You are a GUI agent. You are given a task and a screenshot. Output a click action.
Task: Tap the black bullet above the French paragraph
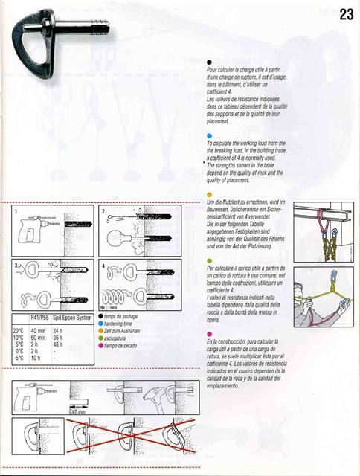pos(210,63)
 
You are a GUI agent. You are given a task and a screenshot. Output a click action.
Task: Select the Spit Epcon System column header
pos(74,318)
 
